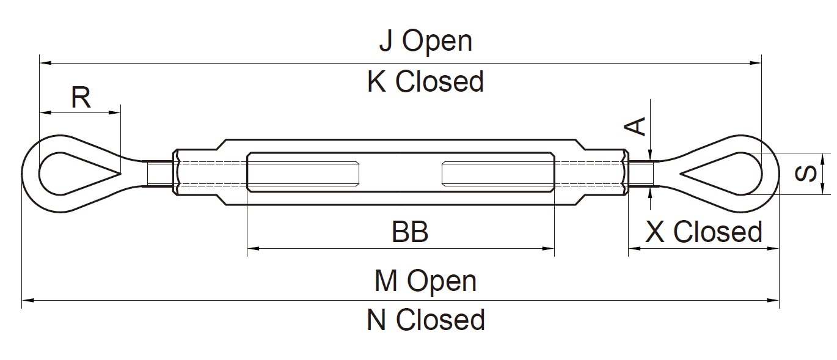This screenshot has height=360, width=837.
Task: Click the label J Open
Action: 425,41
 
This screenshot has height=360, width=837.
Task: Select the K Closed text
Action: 425,81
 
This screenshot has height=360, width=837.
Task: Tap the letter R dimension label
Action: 81,97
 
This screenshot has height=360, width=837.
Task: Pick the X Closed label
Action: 704,232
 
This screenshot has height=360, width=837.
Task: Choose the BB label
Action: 410,232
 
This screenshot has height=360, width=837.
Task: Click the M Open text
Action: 425,281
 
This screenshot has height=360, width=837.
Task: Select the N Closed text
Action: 425,320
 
